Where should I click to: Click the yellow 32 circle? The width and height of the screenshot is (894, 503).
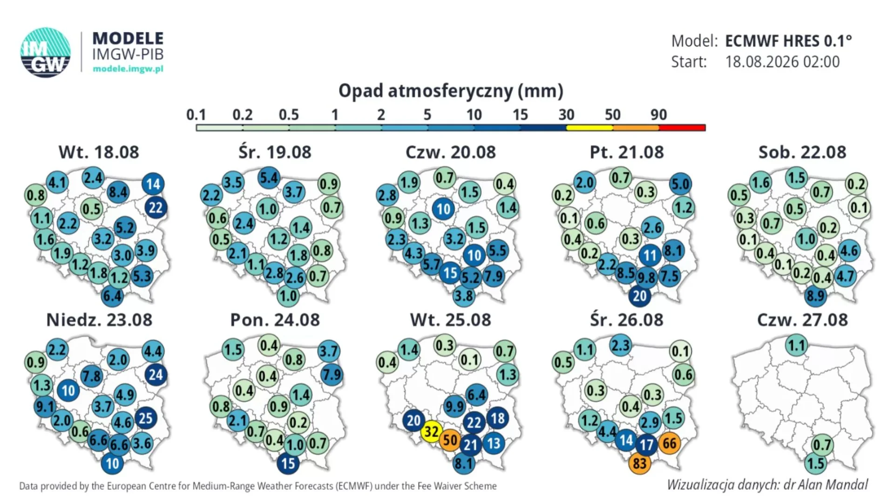(432, 432)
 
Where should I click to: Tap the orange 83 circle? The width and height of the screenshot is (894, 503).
(640, 463)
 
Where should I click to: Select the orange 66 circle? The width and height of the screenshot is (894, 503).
(670, 443)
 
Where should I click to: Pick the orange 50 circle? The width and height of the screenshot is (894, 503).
(450, 440)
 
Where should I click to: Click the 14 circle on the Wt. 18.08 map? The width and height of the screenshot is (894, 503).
(153, 184)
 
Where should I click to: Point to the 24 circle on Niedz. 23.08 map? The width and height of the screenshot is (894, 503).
(156, 374)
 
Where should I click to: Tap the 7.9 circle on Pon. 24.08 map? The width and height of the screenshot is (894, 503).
(332, 374)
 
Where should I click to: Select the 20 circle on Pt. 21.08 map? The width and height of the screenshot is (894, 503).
(640, 296)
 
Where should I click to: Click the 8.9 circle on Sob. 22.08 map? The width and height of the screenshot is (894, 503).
(816, 296)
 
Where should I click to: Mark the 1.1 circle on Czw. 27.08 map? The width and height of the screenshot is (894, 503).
(797, 346)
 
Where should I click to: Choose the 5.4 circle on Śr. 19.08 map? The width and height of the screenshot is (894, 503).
(269, 178)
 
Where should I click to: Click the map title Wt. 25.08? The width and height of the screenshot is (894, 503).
(450, 320)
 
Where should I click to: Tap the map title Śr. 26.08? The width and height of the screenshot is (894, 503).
(627, 320)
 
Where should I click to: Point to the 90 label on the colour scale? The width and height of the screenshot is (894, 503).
(658, 115)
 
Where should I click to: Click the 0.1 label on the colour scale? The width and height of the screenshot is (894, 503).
(196, 115)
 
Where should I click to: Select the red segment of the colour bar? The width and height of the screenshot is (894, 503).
(682, 128)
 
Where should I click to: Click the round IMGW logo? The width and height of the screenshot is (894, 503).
(46, 52)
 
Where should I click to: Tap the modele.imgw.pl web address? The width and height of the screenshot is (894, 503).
(128, 69)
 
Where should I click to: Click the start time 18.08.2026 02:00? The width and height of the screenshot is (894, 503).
(782, 62)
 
